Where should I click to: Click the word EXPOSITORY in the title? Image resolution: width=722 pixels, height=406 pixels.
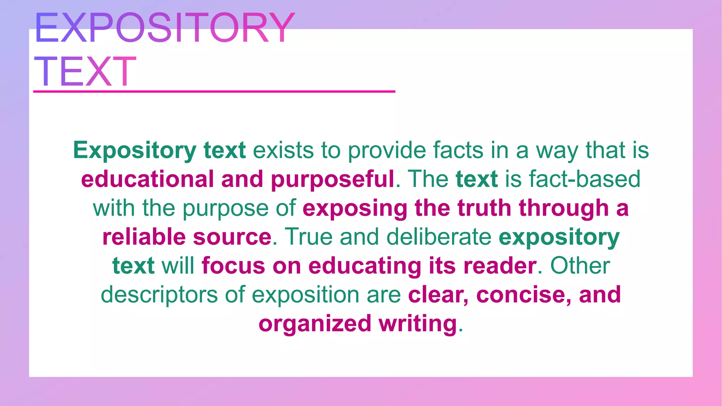point(164,28)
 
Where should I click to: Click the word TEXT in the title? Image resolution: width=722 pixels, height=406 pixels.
point(85,72)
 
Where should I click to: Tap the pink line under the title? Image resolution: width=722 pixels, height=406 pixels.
point(214,92)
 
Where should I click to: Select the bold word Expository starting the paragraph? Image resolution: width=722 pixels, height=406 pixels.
point(134,151)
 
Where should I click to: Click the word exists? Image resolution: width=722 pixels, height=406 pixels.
point(283,150)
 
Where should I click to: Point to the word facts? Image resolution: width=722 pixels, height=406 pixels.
point(458,150)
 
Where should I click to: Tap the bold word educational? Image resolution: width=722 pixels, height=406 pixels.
point(147,179)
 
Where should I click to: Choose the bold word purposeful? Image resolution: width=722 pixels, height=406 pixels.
point(332,179)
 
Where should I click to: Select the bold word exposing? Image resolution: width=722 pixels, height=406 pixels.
point(355,208)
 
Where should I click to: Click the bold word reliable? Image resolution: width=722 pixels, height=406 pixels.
point(144,237)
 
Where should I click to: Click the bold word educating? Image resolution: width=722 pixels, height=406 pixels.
point(365,266)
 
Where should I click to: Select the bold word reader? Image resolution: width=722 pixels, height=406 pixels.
point(500,266)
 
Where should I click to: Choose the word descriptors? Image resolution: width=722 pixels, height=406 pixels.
point(159,295)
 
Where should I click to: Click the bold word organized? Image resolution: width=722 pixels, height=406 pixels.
point(315,324)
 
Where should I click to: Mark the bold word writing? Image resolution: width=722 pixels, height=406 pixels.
point(418,324)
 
